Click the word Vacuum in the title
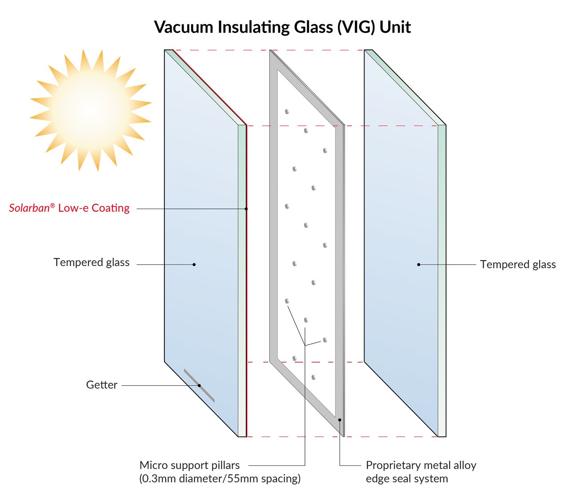[x=184, y=27]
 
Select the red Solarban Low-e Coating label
[x=69, y=208]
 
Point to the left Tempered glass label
[x=92, y=263]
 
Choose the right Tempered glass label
[x=518, y=265]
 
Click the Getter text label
[x=102, y=385]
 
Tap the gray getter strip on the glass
[x=199, y=385]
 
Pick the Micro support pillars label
[x=189, y=465]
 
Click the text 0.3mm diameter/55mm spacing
[x=220, y=479]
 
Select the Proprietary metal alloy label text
[x=421, y=465]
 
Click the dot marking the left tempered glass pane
[x=194, y=265]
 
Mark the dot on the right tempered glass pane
[x=419, y=265]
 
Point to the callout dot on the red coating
[x=246, y=208]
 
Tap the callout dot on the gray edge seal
[x=340, y=420]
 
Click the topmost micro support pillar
[x=287, y=111]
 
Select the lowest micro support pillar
[x=314, y=377]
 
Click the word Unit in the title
[x=395, y=27]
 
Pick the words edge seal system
[x=407, y=479]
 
